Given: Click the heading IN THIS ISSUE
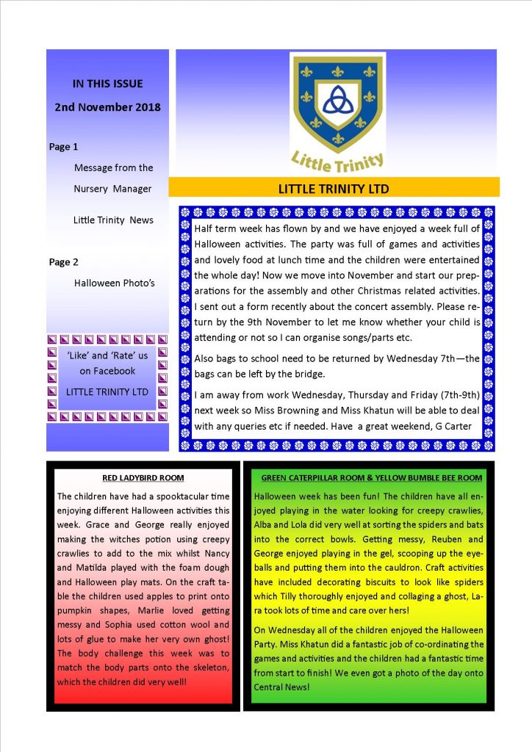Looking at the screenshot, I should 107,84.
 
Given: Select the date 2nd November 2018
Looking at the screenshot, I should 107,106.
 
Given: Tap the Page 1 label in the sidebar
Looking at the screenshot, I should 63,147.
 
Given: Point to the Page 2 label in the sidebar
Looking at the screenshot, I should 63,262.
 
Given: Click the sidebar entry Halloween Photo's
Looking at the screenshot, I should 113,283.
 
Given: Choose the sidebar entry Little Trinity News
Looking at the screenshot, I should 113,220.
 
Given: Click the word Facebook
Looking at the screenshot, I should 114,371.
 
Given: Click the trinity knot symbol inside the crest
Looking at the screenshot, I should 337,95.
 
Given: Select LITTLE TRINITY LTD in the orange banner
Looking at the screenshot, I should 334,189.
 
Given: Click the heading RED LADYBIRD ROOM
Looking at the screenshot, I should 143,478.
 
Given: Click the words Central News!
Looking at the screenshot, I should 284,687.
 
